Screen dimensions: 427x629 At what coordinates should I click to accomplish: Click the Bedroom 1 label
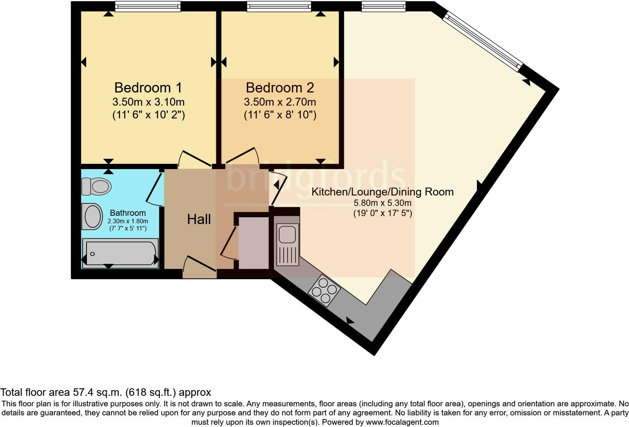148,88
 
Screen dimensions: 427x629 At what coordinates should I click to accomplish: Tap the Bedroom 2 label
280,88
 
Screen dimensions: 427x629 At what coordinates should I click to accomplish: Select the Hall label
199,219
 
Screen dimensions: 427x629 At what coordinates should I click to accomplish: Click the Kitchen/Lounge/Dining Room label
382,192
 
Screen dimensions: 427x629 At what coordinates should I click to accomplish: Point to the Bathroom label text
128,213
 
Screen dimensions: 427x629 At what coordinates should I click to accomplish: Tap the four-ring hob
324,290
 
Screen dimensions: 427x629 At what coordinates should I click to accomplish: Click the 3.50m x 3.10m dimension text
148,102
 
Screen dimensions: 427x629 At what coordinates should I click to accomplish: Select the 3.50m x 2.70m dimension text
280,102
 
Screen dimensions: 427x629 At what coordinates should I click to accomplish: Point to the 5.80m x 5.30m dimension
382,203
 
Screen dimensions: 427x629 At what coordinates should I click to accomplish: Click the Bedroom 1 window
147,6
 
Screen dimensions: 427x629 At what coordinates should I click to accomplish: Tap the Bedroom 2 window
279,6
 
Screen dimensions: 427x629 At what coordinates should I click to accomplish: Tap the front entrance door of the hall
199,267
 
